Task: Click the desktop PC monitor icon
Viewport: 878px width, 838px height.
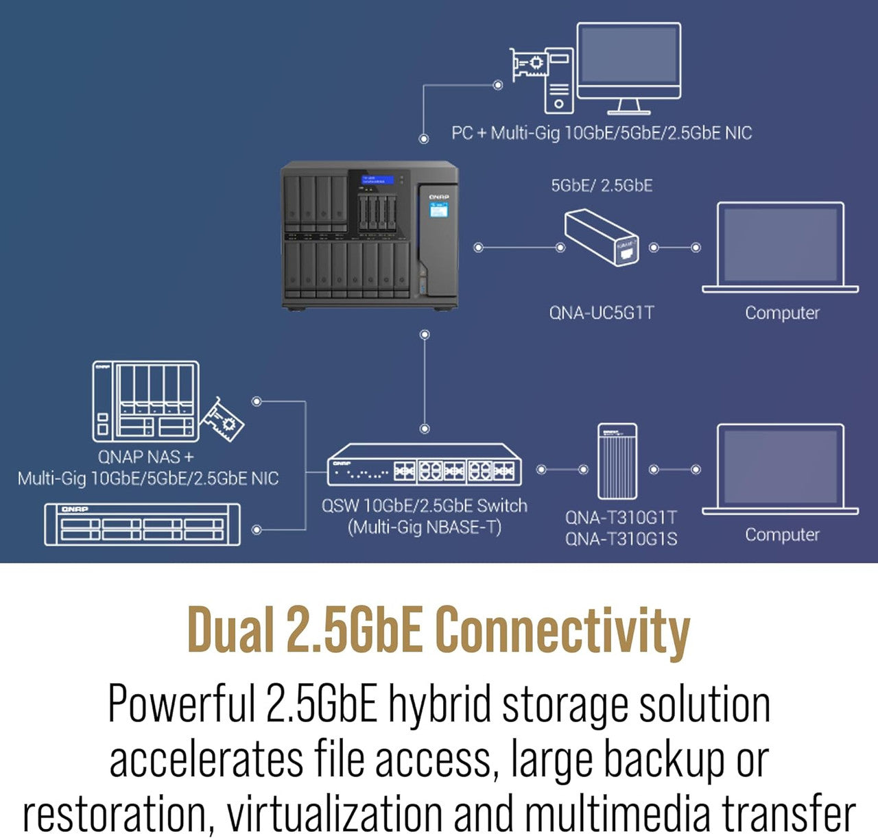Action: (628, 63)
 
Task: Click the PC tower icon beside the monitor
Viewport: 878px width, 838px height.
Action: (559, 81)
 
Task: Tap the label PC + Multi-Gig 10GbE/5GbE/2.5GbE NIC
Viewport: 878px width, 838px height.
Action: (602, 133)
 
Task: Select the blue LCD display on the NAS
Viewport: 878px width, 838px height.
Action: (377, 180)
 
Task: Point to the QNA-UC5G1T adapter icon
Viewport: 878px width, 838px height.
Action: (602, 237)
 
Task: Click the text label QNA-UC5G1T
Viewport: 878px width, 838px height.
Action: (602, 313)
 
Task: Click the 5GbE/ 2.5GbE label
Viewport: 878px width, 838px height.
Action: (602, 185)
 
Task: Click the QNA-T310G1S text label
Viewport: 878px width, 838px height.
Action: (621, 539)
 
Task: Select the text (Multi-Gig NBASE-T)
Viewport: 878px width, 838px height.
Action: (425, 527)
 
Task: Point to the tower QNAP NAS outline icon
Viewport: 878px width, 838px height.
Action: (145, 401)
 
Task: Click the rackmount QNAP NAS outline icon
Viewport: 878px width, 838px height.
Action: (143, 525)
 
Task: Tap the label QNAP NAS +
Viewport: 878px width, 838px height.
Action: (145, 457)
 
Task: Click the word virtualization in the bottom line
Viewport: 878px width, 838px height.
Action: (335, 814)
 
